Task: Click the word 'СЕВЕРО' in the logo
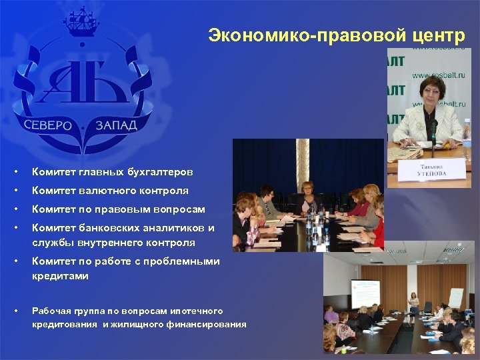48,125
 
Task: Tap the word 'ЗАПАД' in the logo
116,125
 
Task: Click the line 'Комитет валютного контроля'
110,191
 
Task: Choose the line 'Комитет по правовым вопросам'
118,209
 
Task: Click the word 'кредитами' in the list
60,275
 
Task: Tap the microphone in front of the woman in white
433,129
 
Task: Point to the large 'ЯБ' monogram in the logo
81,79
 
